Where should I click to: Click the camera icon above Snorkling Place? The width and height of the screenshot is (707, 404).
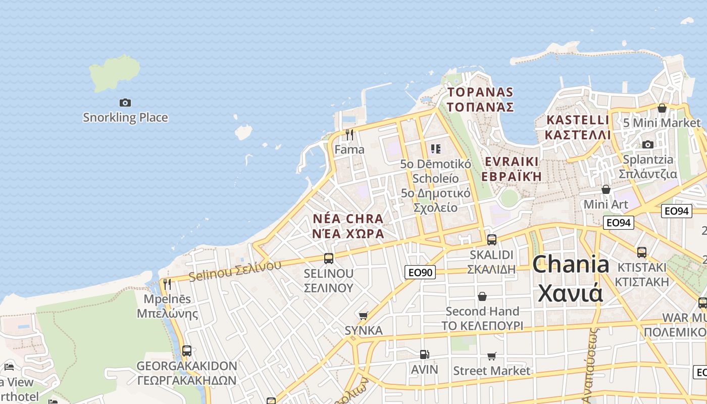125,103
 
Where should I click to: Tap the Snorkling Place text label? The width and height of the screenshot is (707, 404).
125,118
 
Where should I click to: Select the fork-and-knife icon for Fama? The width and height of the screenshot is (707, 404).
349,135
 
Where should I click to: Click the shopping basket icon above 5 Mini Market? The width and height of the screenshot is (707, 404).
662,108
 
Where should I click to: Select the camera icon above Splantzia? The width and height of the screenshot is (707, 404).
647,144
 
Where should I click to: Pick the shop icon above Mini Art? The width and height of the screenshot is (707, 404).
605,189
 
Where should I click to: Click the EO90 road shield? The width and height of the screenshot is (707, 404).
420,273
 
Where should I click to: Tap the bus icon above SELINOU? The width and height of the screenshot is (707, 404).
328,259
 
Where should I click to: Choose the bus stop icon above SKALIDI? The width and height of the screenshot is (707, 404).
491,240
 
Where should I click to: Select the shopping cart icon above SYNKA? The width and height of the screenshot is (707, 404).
363,316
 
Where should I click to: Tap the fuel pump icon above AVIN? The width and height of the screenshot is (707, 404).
424,355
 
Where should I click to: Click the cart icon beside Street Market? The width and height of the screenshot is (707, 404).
492,356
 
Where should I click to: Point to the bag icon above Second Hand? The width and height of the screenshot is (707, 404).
482,296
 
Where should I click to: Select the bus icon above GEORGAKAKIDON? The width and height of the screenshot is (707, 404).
186,350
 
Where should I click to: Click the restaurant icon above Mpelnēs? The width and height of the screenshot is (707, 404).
167,284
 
